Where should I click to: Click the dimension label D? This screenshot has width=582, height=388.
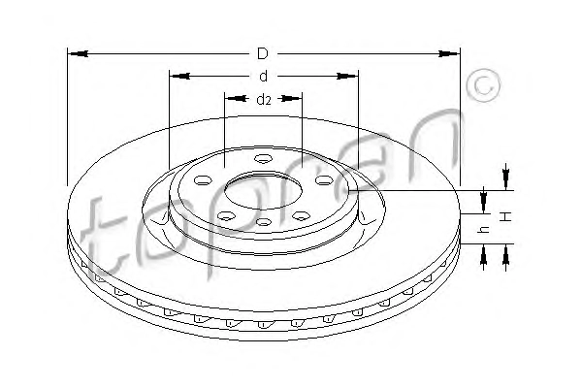click(263, 53)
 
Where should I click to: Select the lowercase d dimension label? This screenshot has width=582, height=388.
click(263, 76)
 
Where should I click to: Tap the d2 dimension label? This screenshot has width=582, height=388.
click(264, 99)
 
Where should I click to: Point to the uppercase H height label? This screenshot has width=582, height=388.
click(505, 216)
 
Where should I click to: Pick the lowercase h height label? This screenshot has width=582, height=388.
click(484, 230)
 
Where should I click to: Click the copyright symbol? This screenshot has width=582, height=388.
click(483, 85)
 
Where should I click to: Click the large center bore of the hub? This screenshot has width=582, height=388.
click(263, 190)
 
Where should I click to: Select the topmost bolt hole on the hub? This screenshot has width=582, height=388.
click(263, 158)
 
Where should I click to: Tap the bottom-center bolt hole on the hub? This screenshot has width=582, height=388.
click(264, 222)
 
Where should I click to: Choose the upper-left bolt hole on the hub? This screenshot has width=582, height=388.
click(203, 180)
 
